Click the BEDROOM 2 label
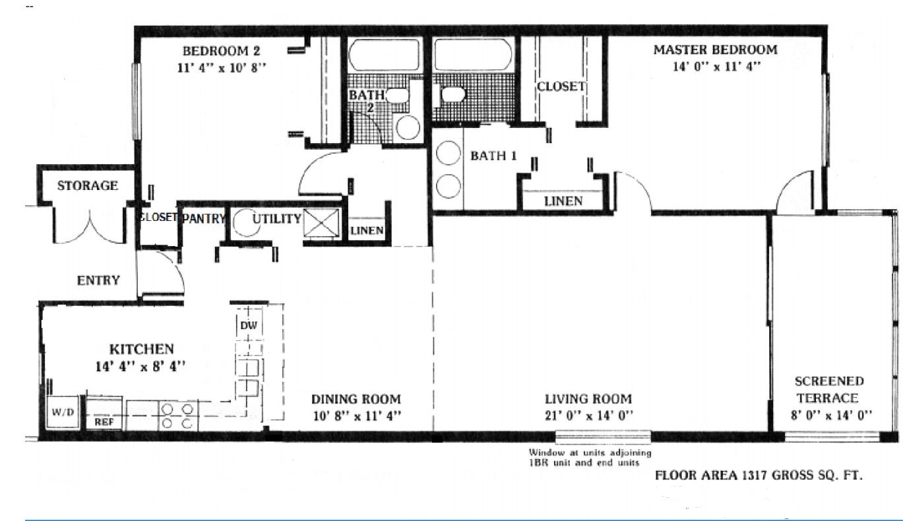(221, 51)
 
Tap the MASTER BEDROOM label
(715, 50)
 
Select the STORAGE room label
(88, 185)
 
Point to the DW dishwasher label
(248, 325)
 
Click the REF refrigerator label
(104, 422)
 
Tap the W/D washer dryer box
(63, 412)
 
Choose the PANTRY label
(204, 218)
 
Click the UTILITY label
(277, 219)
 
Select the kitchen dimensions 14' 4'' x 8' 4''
(140, 366)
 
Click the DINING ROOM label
(356, 399)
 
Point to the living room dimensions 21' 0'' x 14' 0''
(588, 415)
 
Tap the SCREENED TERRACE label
(829, 389)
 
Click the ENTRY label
(98, 280)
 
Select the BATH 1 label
(493, 156)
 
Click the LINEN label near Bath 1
(563, 201)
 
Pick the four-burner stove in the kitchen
(177, 416)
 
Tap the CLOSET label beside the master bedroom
(561, 86)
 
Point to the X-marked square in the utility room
(321, 223)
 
